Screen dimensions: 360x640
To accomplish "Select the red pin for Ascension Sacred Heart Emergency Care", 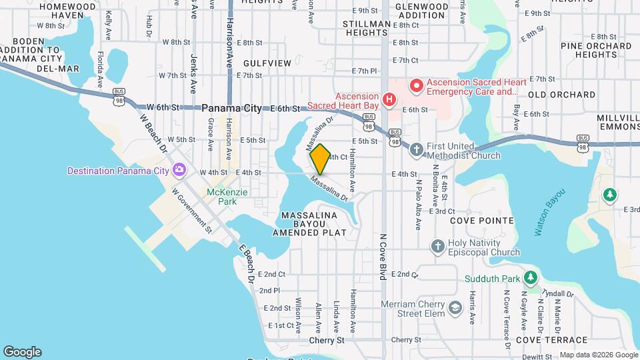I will point(417,85).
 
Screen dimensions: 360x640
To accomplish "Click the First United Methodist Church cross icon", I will point(417,149).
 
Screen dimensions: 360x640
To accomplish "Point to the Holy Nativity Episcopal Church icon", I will point(437,246).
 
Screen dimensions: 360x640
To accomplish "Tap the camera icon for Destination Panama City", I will point(179,170).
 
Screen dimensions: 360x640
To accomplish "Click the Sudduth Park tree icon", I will point(530,277).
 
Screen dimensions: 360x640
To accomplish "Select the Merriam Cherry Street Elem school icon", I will point(455,307).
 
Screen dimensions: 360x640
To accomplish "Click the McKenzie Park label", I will point(227,197).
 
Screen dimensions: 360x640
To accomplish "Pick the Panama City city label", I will point(231,108).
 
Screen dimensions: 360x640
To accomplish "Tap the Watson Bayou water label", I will point(549,213).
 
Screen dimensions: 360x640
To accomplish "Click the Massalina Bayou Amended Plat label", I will point(309,225).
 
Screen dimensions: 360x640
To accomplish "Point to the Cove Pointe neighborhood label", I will point(481,221).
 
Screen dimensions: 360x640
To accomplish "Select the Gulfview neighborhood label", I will point(267,63).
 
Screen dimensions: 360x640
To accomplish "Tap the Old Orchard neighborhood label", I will point(561,95).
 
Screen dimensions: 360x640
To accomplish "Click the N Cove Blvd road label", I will point(383,257).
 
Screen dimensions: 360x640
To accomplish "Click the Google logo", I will point(22,352).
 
